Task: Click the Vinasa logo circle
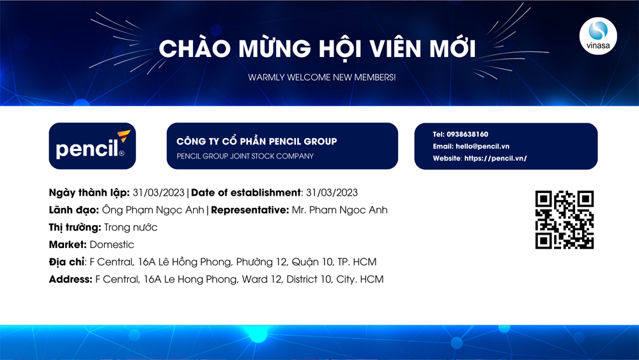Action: (598, 36)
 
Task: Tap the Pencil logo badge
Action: (93, 146)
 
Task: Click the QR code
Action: (564, 220)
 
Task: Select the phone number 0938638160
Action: (467, 134)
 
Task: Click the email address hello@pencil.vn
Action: (482, 146)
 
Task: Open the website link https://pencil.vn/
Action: (496, 158)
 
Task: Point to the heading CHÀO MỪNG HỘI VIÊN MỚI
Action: (317, 49)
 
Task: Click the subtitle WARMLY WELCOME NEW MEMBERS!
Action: (322, 77)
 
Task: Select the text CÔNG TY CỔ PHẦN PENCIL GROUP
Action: (257, 141)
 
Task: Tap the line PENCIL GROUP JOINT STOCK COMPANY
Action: (245, 156)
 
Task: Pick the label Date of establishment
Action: (246, 192)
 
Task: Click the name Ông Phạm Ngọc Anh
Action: (153, 210)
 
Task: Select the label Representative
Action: (250, 210)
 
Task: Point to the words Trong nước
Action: (130, 228)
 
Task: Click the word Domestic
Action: (112, 245)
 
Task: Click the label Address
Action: (70, 279)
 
